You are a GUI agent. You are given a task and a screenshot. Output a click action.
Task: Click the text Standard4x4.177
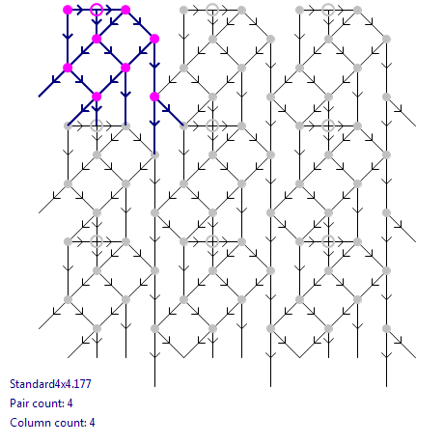click(50, 384)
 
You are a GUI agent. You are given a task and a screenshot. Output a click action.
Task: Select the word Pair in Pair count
click(18, 403)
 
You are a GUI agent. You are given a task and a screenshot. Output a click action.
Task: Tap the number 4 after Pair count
click(69, 403)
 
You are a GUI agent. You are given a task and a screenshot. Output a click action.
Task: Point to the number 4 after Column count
click(92, 423)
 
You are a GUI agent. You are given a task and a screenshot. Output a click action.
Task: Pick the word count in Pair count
click(47, 403)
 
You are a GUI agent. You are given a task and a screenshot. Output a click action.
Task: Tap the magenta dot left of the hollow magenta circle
click(68, 10)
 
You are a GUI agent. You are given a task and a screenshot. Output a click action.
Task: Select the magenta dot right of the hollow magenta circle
click(125, 10)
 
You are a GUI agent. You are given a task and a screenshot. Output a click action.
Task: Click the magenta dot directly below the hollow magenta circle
click(97, 39)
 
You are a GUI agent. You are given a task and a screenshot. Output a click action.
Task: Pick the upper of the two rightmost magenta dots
click(154, 39)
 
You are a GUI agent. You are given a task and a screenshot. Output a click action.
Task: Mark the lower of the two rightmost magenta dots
click(154, 97)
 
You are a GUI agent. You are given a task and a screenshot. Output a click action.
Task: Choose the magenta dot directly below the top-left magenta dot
click(68, 68)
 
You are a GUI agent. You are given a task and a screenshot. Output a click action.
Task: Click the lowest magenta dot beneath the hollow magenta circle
click(97, 97)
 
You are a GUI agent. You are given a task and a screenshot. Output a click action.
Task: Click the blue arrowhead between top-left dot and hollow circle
click(80, 10)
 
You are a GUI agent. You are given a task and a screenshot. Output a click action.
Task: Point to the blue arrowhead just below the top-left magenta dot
click(68, 36)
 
